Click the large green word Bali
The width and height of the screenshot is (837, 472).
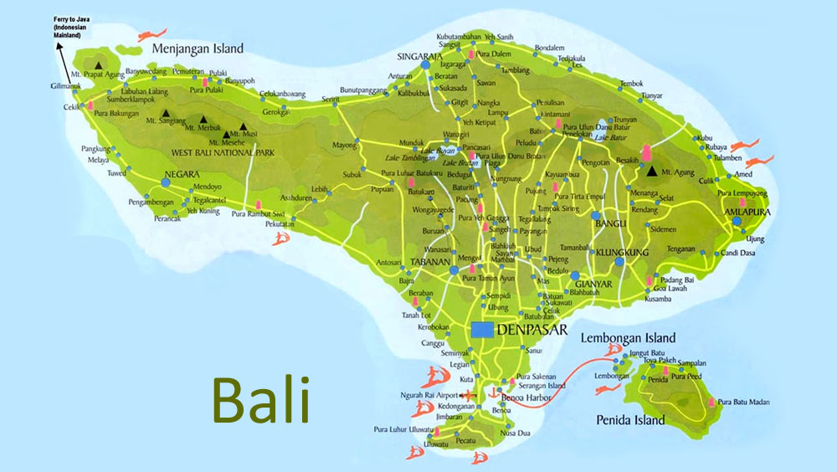[260, 399]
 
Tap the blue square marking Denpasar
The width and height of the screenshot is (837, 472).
[481, 330]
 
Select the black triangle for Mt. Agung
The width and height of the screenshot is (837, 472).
[652, 171]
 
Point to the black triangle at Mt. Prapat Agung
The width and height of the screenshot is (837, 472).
[100, 64]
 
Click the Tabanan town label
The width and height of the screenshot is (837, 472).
[431, 261]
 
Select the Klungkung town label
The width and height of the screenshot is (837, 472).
[623, 252]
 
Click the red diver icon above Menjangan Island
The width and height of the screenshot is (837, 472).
[149, 34]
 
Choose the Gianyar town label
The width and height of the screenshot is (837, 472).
[593, 285]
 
